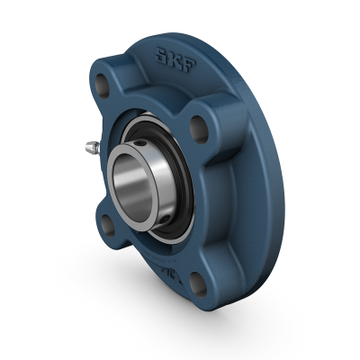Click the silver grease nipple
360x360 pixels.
(89, 147)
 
